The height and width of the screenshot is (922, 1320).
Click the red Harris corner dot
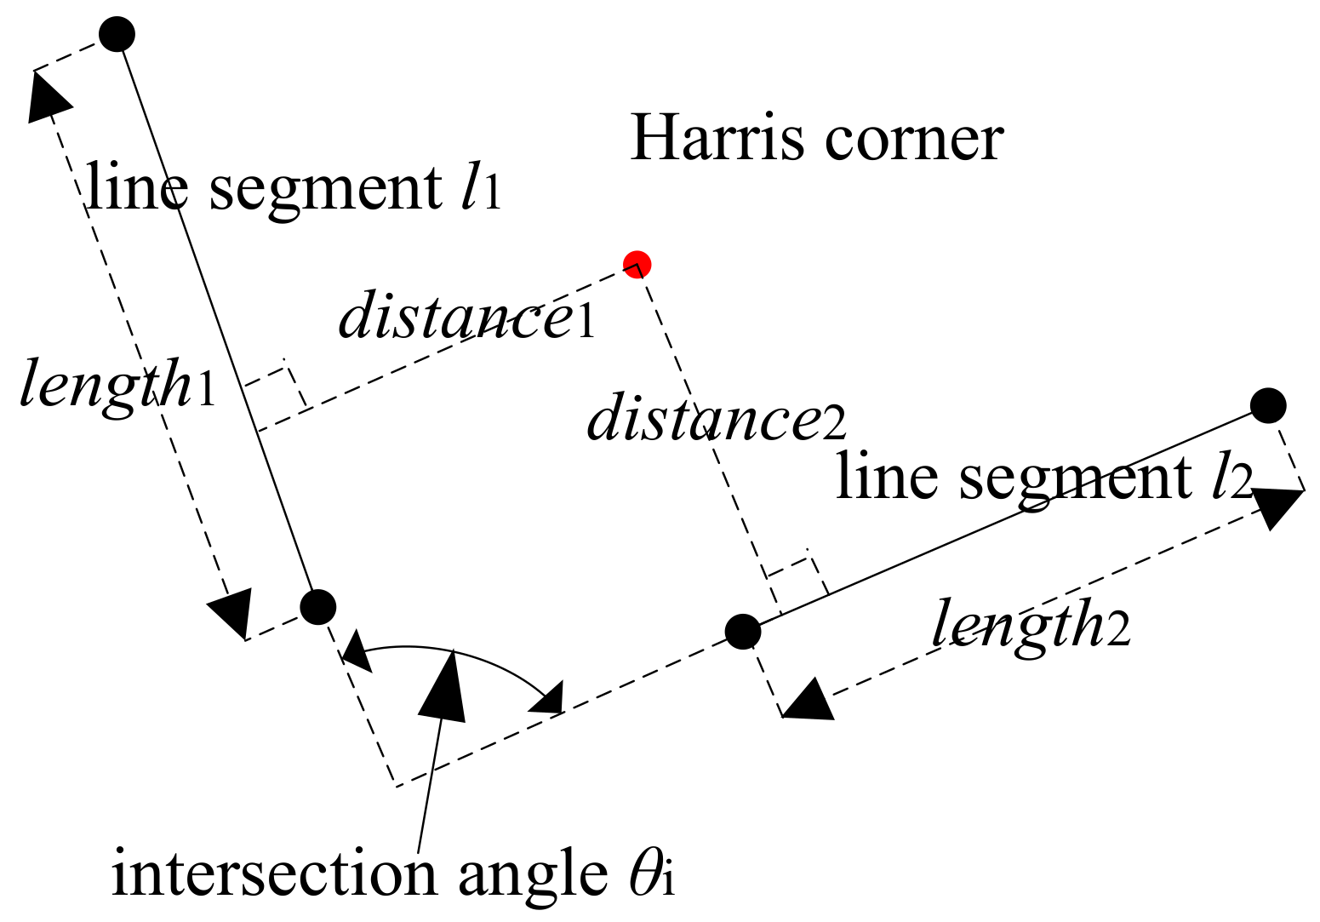637,264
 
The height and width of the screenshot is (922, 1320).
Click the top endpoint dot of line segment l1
117,34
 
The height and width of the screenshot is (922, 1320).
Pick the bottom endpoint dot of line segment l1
318,607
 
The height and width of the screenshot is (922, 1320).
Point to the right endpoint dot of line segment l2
1268,404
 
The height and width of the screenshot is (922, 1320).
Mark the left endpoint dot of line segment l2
742,631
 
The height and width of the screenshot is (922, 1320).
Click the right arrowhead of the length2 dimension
1277,507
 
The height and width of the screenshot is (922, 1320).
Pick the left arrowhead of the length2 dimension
806,701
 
